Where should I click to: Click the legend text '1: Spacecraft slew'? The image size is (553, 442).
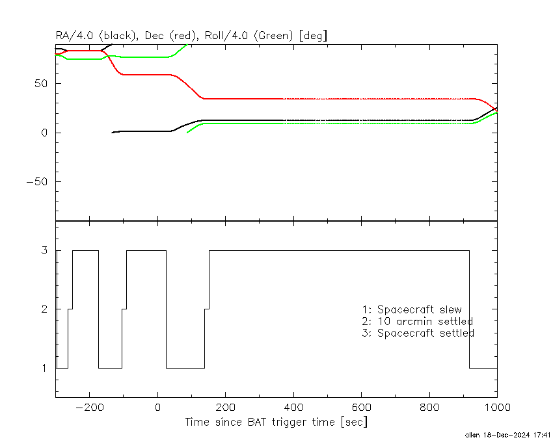[x=412, y=309]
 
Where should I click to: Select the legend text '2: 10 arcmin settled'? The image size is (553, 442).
[x=418, y=321]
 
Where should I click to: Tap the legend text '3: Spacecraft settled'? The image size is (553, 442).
[x=418, y=333]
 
